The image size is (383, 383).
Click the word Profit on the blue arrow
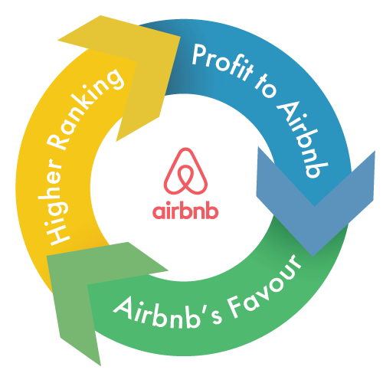[222, 63]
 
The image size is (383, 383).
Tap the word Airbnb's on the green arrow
[167, 313]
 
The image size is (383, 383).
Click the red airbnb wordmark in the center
[185, 210]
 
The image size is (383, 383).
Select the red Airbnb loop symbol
[185, 171]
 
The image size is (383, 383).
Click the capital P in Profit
[200, 54]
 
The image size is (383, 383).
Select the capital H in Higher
[57, 234]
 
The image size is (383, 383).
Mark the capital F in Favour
[235, 307]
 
